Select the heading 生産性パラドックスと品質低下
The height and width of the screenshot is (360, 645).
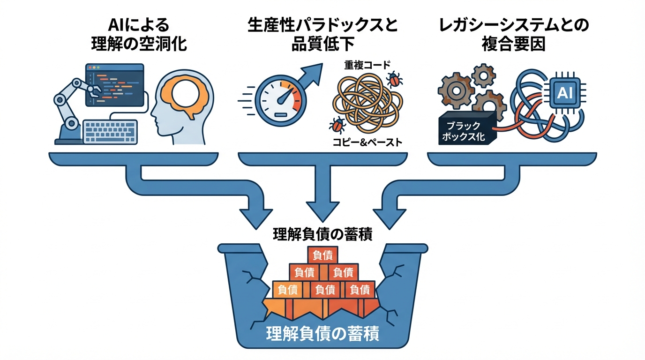[x=322, y=35]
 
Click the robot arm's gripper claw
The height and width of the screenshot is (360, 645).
[x=93, y=89]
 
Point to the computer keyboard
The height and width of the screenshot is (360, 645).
[x=110, y=131]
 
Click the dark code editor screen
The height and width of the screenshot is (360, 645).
[x=114, y=85]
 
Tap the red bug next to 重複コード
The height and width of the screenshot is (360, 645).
[x=394, y=80]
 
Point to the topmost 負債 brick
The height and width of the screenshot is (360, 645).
[x=323, y=255]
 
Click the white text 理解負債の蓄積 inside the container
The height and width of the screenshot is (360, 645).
[x=322, y=334]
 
